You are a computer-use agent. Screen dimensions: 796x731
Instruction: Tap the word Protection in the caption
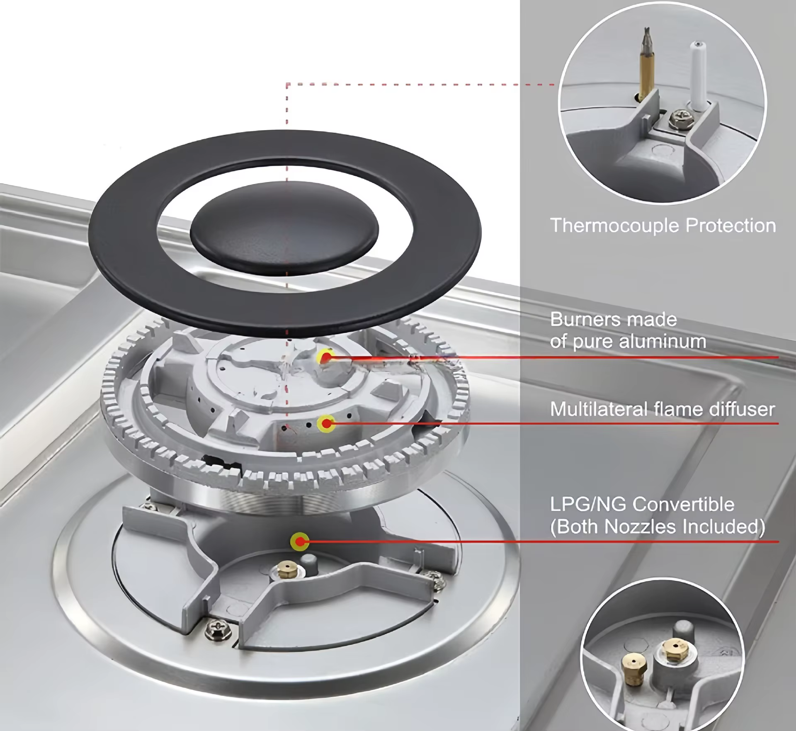pyautogui.click(x=730, y=226)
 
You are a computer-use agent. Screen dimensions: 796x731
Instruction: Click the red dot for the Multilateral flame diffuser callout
pyautogui.click(x=326, y=424)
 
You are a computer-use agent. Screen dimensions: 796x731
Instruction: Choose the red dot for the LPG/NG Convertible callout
pyautogui.click(x=299, y=541)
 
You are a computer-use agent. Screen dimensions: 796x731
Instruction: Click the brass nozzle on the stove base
pyautogui.click(x=286, y=571)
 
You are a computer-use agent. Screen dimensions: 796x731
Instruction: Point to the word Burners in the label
pyautogui.click(x=583, y=319)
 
